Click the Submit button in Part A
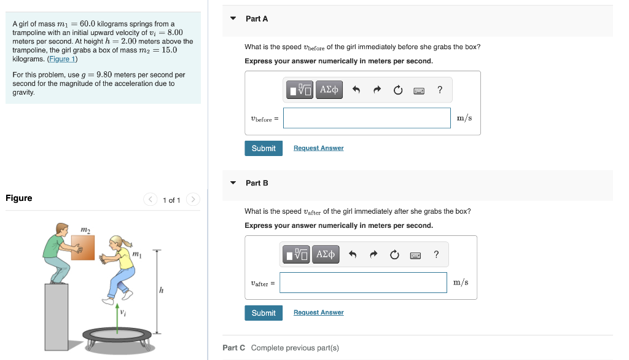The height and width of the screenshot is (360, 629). [x=264, y=148]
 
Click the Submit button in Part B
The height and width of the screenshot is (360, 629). [x=264, y=313]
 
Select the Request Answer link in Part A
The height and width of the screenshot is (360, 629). [x=318, y=148]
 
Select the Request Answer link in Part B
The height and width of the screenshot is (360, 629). [x=318, y=313]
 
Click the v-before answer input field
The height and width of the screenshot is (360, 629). [x=367, y=119]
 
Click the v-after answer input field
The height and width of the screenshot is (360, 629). [x=363, y=283]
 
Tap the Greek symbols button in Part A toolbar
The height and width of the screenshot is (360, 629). [x=330, y=90]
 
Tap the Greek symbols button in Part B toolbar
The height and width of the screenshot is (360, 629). [x=326, y=254]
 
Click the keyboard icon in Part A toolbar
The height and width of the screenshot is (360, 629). [x=419, y=90]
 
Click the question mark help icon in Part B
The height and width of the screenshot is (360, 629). [x=436, y=254]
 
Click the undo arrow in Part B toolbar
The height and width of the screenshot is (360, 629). [x=352, y=254]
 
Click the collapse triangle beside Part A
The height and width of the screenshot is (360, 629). [x=233, y=18]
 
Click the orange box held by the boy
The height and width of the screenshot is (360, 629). [x=83, y=247]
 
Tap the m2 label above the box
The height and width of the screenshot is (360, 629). [x=85, y=229]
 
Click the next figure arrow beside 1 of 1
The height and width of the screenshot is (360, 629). [x=193, y=200]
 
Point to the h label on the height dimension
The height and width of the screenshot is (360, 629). [x=161, y=291]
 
